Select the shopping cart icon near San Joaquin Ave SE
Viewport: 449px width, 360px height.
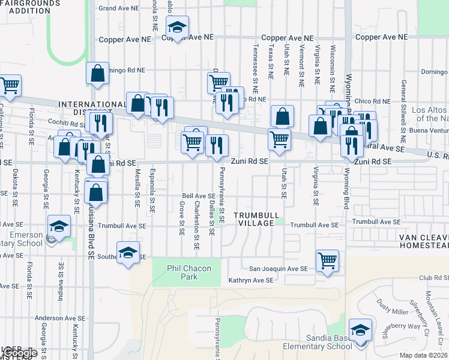click(x=328, y=260)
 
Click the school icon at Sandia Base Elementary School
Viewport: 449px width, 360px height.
click(x=360, y=330)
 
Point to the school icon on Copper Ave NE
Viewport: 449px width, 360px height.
click(x=177, y=26)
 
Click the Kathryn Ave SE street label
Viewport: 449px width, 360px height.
click(x=251, y=280)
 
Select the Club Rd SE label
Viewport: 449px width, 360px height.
click(x=434, y=278)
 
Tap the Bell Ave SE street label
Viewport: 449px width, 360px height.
click(x=199, y=196)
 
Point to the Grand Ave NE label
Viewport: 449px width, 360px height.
click(x=118, y=8)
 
